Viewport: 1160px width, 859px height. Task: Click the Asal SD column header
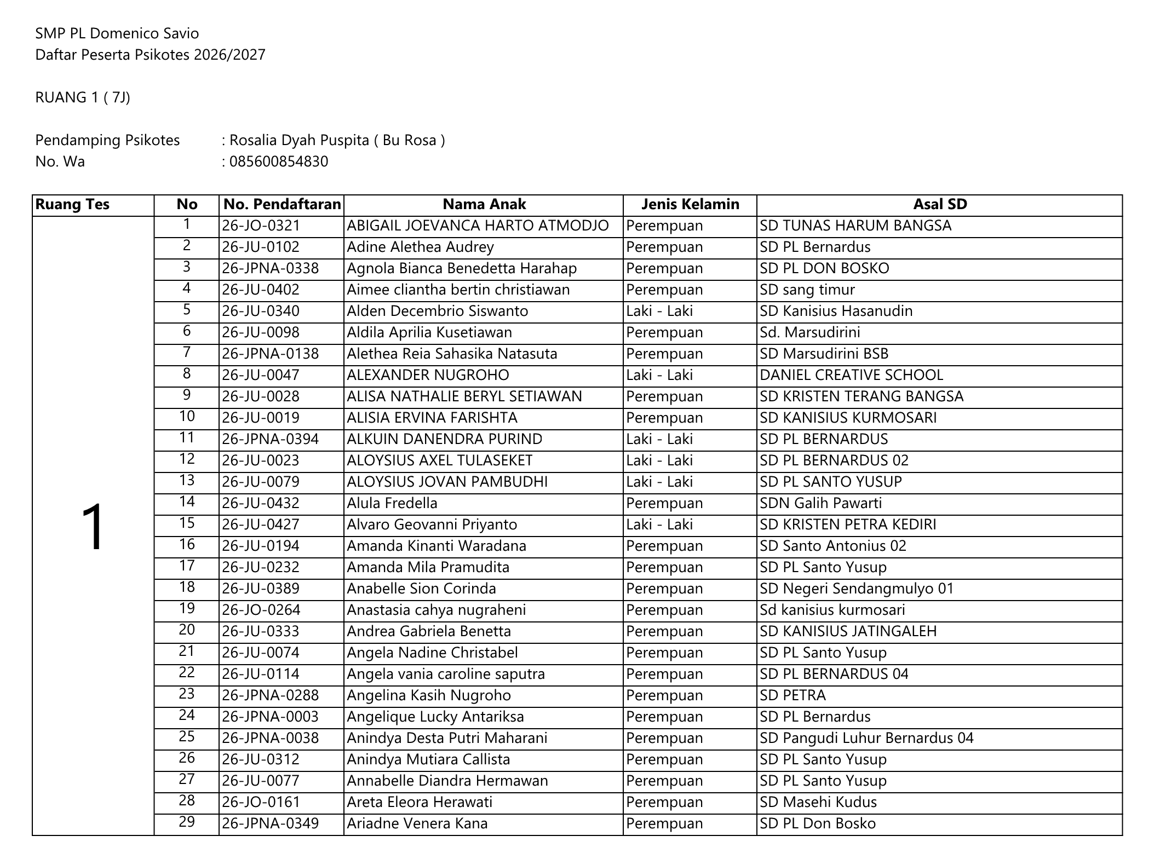[x=939, y=205]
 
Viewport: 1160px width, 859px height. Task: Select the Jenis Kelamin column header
[x=690, y=205]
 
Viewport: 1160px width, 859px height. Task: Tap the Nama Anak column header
[x=484, y=205]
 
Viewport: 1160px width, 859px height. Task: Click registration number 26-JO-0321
[x=261, y=226]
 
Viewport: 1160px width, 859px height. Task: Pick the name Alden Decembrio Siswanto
[x=437, y=312]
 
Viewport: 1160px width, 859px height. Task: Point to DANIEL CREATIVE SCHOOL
[x=851, y=376]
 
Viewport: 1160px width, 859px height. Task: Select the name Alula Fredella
[x=392, y=504]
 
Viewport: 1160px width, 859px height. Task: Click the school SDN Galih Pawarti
[x=820, y=504]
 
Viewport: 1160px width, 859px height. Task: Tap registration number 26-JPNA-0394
[x=270, y=440]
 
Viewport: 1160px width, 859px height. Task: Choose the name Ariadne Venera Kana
[x=417, y=824]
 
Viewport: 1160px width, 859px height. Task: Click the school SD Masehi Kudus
[x=818, y=803]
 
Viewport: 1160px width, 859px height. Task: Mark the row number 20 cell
[x=187, y=630]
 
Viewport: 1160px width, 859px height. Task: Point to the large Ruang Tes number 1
[x=93, y=526]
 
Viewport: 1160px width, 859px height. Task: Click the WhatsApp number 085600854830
[x=278, y=162]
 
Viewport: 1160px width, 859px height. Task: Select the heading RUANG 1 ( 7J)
[x=83, y=98]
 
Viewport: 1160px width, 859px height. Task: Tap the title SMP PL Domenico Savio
[x=117, y=34]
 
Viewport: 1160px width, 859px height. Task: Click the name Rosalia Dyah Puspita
[x=299, y=141]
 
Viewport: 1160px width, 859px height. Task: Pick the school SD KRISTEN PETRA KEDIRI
[x=848, y=525]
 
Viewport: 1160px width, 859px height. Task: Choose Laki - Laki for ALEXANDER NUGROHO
[x=659, y=376]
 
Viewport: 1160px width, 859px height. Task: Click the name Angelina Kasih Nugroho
[x=428, y=696]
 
